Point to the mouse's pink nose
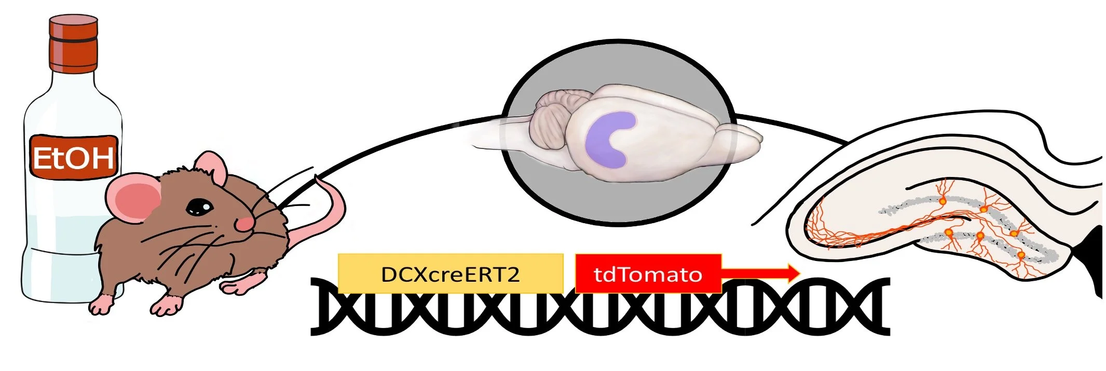point(244,224)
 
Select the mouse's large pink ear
point(134,197)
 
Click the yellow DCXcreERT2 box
point(450,273)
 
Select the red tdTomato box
point(648,273)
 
